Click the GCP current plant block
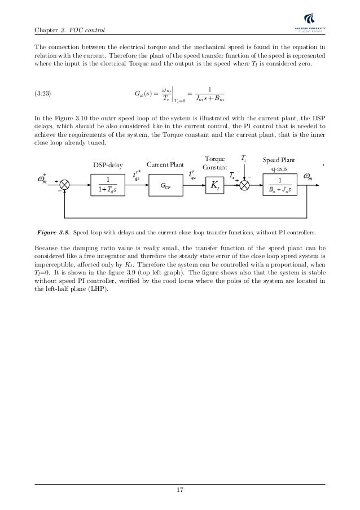166,185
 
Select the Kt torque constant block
216,185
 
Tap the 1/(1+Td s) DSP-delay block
109,185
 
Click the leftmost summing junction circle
65,185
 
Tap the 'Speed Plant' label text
279,160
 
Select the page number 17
180,490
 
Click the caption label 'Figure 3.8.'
54,232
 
